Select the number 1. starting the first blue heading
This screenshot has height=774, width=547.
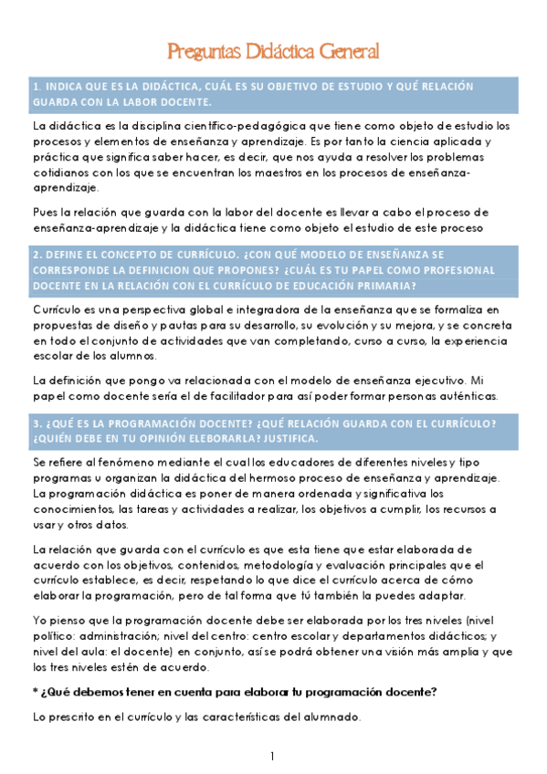coord(37,86)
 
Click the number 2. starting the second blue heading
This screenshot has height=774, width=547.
coord(37,254)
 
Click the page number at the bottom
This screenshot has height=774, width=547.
coord(273,757)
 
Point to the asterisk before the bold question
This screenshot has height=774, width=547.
coord(35,692)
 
